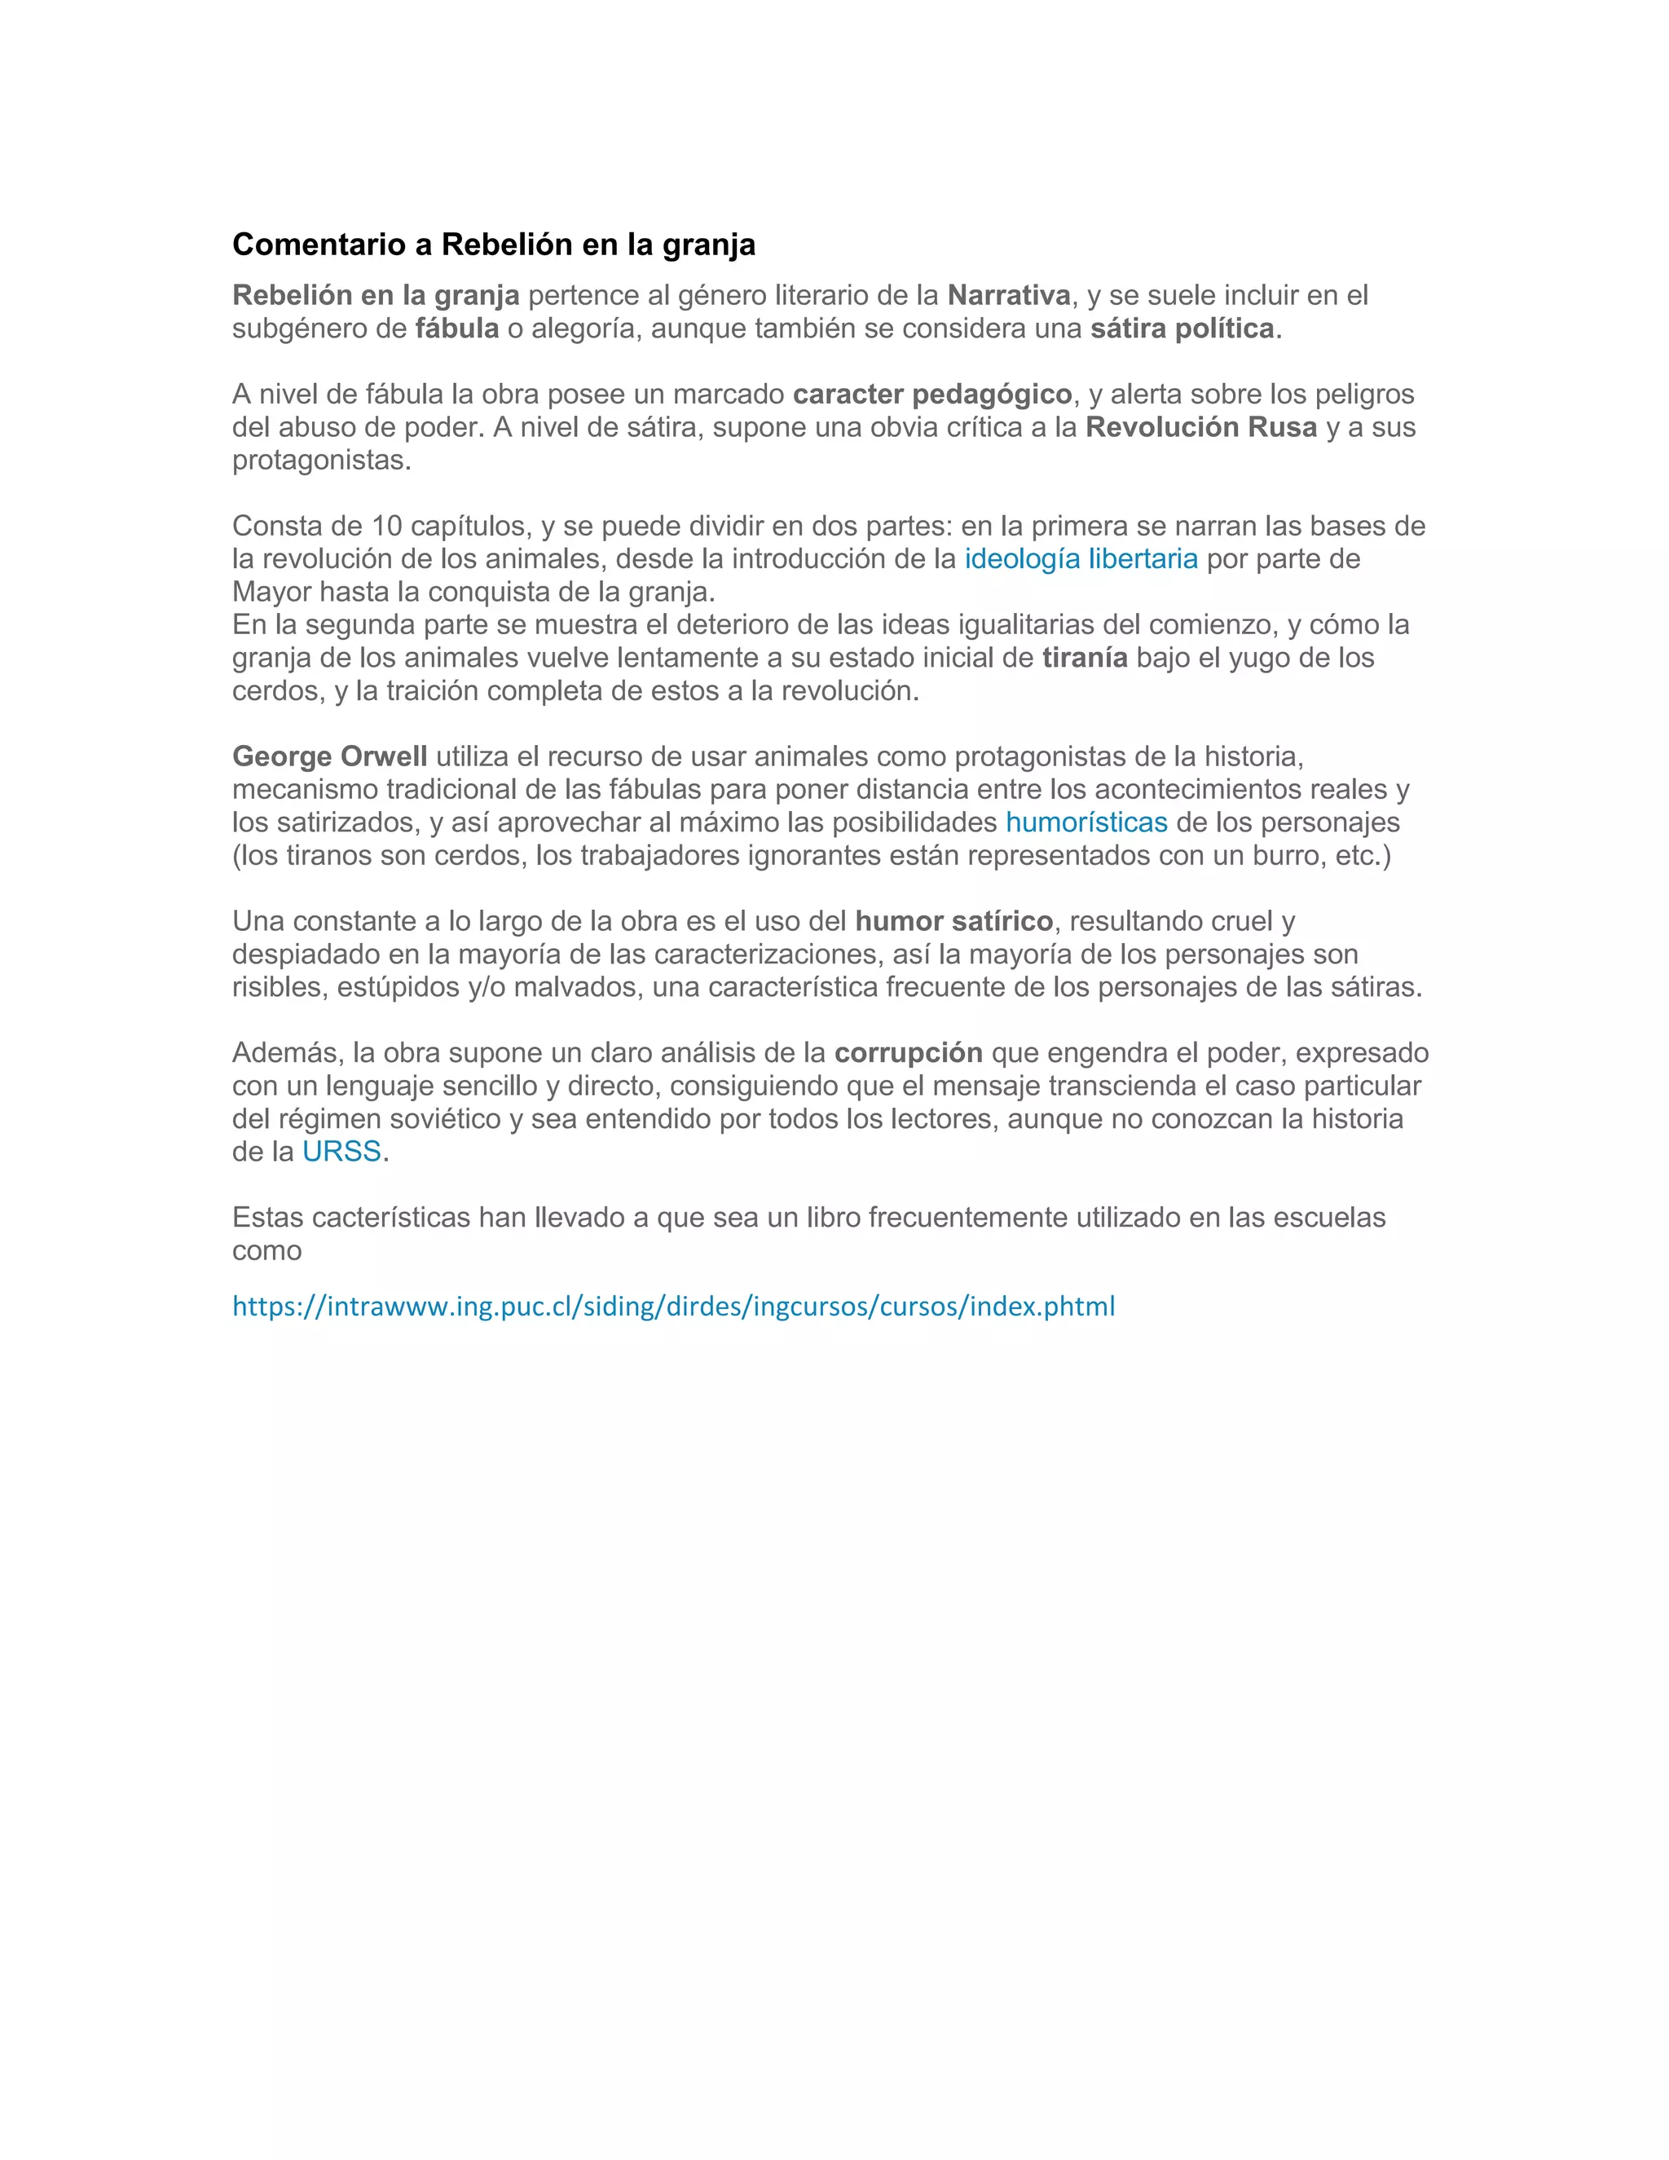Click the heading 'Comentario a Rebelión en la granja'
[493, 245]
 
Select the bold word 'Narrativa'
[1009, 295]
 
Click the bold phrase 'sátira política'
[1182, 328]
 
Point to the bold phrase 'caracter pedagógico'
[932, 394]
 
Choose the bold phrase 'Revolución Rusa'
[1201, 427]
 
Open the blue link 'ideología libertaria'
[1081, 559]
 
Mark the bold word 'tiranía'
[1085, 658]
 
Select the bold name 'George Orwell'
[329, 756]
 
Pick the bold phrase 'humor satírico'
[954, 921]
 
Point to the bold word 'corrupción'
[909, 1052]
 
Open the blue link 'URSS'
[341, 1151]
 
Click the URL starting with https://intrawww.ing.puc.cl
[673, 1307]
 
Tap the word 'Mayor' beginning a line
[271, 592]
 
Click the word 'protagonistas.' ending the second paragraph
[321, 460]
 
